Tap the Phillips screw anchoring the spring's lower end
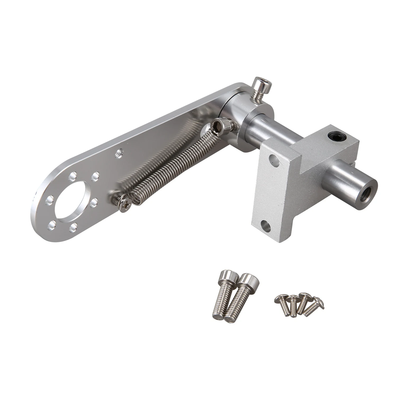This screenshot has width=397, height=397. (x=124, y=203)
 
